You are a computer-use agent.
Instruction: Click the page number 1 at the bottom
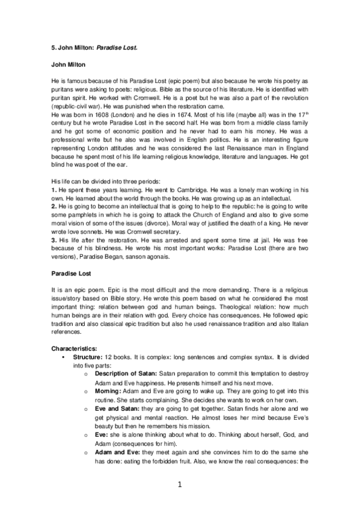(180, 484)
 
